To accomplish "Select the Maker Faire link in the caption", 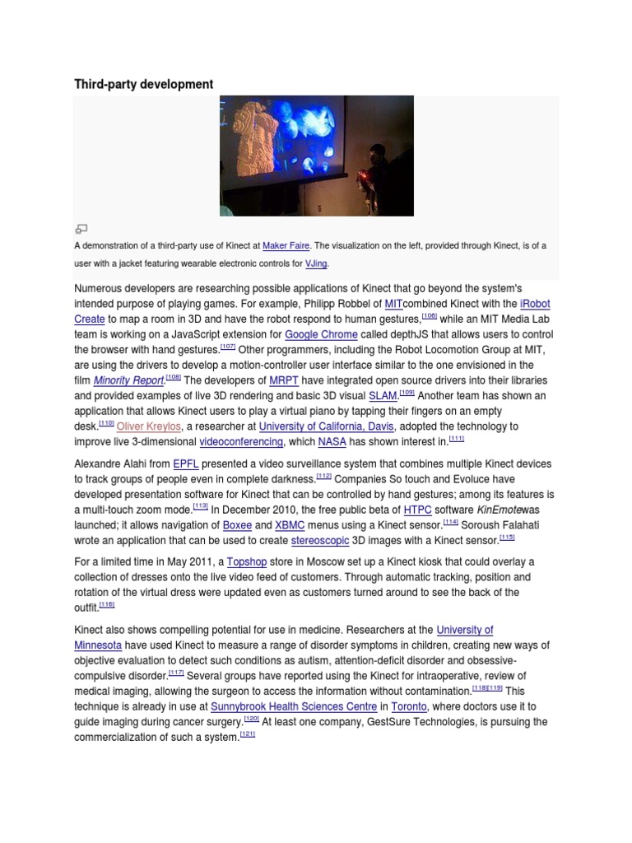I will pos(285,245).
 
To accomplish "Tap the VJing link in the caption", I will pos(316,263).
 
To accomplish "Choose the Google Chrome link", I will pos(321,334).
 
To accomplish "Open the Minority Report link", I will pos(128,380).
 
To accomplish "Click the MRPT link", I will pos(283,380).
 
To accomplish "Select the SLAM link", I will pos(383,395).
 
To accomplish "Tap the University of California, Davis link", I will pos(327,426).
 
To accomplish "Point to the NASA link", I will pos(332,442).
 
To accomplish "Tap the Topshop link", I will pos(247,561).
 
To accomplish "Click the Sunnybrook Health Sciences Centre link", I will pos(294,707).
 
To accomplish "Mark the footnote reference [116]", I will pos(106,605).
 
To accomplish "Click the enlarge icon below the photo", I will pos(81,228).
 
